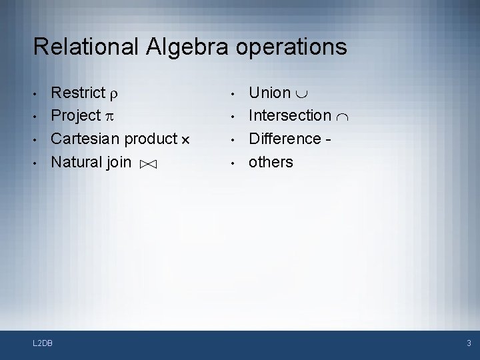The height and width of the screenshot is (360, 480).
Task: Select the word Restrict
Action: point(78,93)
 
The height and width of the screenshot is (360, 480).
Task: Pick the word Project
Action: point(75,116)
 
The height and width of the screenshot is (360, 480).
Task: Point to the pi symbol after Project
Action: point(108,117)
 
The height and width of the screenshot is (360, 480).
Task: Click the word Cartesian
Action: point(85,139)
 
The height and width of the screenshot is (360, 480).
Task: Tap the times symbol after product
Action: point(185,140)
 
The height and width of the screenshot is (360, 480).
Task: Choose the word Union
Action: point(269,93)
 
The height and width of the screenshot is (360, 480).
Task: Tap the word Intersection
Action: point(289,116)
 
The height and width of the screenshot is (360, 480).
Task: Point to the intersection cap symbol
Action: point(343,117)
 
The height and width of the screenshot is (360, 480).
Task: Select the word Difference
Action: point(285,139)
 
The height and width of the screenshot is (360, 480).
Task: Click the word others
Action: point(271,161)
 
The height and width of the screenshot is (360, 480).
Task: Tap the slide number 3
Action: point(469,343)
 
